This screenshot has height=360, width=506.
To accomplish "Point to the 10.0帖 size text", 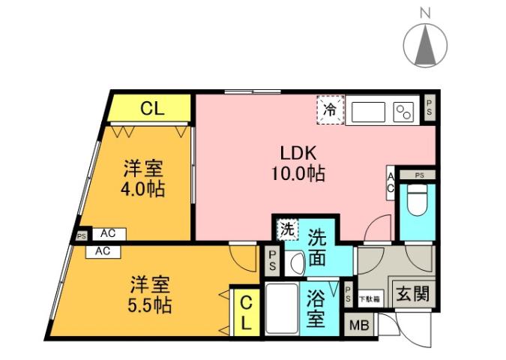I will pyautogui.click(x=298, y=174).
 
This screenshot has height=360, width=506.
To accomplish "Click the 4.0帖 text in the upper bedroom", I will pyautogui.click(x=143, y=187).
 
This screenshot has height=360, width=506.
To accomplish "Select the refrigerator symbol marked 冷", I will pyautogui.click(x=330, y=109).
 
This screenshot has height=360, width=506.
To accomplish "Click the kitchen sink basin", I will pyautogui.click(x=366, y=111).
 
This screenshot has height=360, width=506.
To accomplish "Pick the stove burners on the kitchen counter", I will pyautogui.click(x=403, y=112).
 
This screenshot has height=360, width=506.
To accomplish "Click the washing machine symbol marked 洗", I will pyautogui.click(x=288, y=229).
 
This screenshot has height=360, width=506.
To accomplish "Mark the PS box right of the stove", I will pyautogui.click(x=428, y=106).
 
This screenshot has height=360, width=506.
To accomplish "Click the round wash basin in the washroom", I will pyautogui.click(x=295, y=263).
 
